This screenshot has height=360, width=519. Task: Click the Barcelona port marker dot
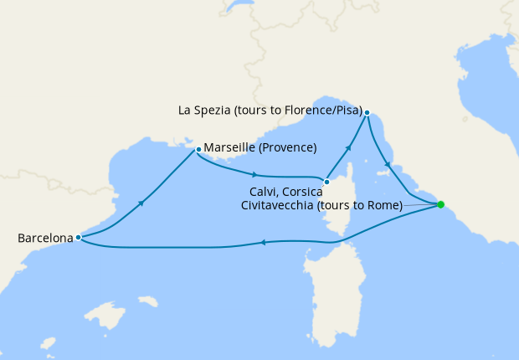[x=78, y=237]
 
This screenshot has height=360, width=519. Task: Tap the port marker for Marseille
[x=198, y=150]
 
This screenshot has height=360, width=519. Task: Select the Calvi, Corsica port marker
[x=326, y=182]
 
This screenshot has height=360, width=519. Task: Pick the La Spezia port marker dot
[x=367, y=112]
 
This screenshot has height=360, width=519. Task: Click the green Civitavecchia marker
[x=441, y=204]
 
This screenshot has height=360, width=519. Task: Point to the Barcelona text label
[x=45, y=239]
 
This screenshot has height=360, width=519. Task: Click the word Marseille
[x=229, y=148]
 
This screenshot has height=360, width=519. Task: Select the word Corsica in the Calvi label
[x=304, y=193]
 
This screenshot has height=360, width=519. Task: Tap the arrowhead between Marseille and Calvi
[x=254, y=174]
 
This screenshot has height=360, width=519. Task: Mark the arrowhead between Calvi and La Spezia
[x=348, y=147]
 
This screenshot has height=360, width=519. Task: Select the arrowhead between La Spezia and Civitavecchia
[x=388, y=164]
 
